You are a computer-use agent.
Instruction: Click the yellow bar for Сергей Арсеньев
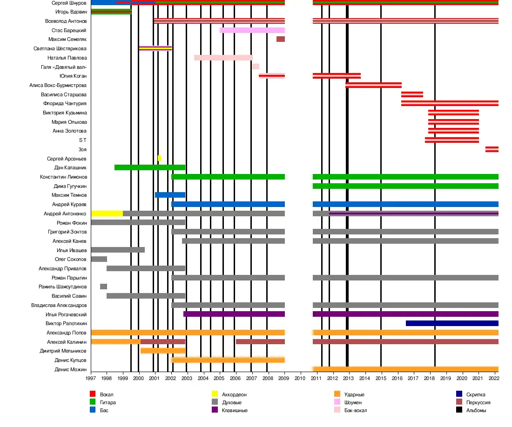tap(159, 158)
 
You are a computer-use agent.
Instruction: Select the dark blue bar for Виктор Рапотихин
tap(452, 323)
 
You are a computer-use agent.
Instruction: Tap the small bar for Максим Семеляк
tap(281, 39)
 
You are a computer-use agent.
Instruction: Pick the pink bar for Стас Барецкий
tap(252, 30)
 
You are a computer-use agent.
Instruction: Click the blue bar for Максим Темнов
tap(170, 195)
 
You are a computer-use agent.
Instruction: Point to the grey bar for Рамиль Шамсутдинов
tap(103, 287)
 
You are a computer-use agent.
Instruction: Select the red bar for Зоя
tap(492, 149)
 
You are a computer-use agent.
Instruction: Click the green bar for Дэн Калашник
tap(149, 167)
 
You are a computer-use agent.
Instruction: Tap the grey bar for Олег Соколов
tap(99, 259)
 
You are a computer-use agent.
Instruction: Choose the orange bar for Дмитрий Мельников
tap(162, 351)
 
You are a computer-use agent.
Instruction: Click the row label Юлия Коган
tap(73, 76)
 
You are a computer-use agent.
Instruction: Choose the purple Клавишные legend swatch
tap(215, 410)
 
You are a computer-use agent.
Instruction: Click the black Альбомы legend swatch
tap(459, 410)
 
